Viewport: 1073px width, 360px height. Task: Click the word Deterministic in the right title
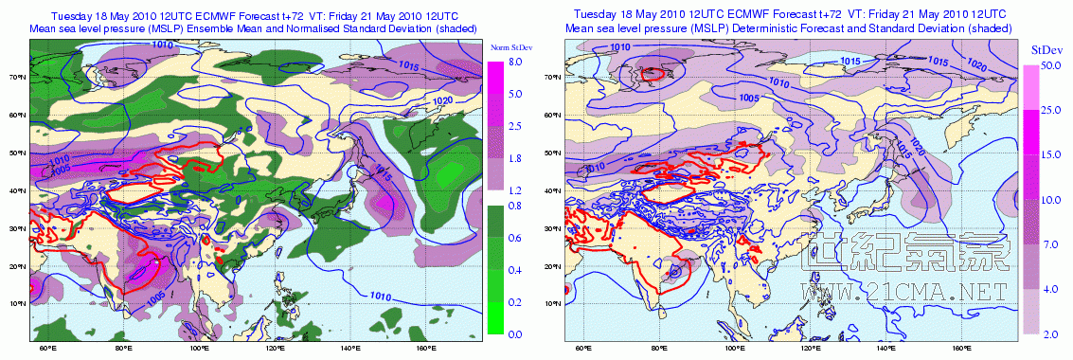click(x=801, y=29)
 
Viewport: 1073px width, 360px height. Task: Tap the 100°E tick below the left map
click(x=198, y=349)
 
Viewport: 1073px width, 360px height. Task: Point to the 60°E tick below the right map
click(x=581, y=349)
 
